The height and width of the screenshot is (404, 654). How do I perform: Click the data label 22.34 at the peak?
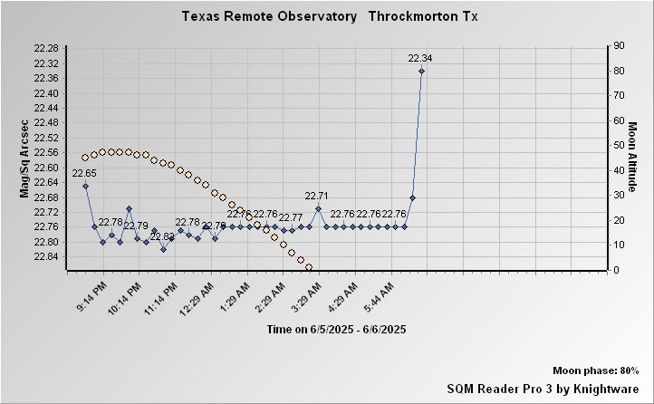pyautogui.click(x=420, y=59)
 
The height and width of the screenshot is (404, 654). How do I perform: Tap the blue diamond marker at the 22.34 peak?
pyautogui.click(x=421, y=71)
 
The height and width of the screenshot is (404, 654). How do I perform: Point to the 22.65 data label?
pyautogui.click(x=84, y=173)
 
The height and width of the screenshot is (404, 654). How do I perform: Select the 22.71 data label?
pyautogui.click(x=317, y=196)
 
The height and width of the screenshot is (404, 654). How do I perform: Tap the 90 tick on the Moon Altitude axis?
pyautogui.click(x=619, y=45)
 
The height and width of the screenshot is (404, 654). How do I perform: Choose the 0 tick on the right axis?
pyautogui.click(x=616, y=270)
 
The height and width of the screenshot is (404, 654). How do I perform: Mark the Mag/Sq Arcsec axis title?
pyautogui.click(x=24, y=158)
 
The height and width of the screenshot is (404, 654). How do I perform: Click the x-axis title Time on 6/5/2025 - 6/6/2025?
pyautogui.click(x=336, y=330)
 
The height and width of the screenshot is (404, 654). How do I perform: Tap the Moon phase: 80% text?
pyautogui.click(x=595, y=371)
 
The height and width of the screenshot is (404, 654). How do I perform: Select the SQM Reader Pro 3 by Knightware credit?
pyautogui.click(x=543, y=388)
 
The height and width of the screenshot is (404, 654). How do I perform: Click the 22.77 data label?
pyautogui.click(x=291, y=218)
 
